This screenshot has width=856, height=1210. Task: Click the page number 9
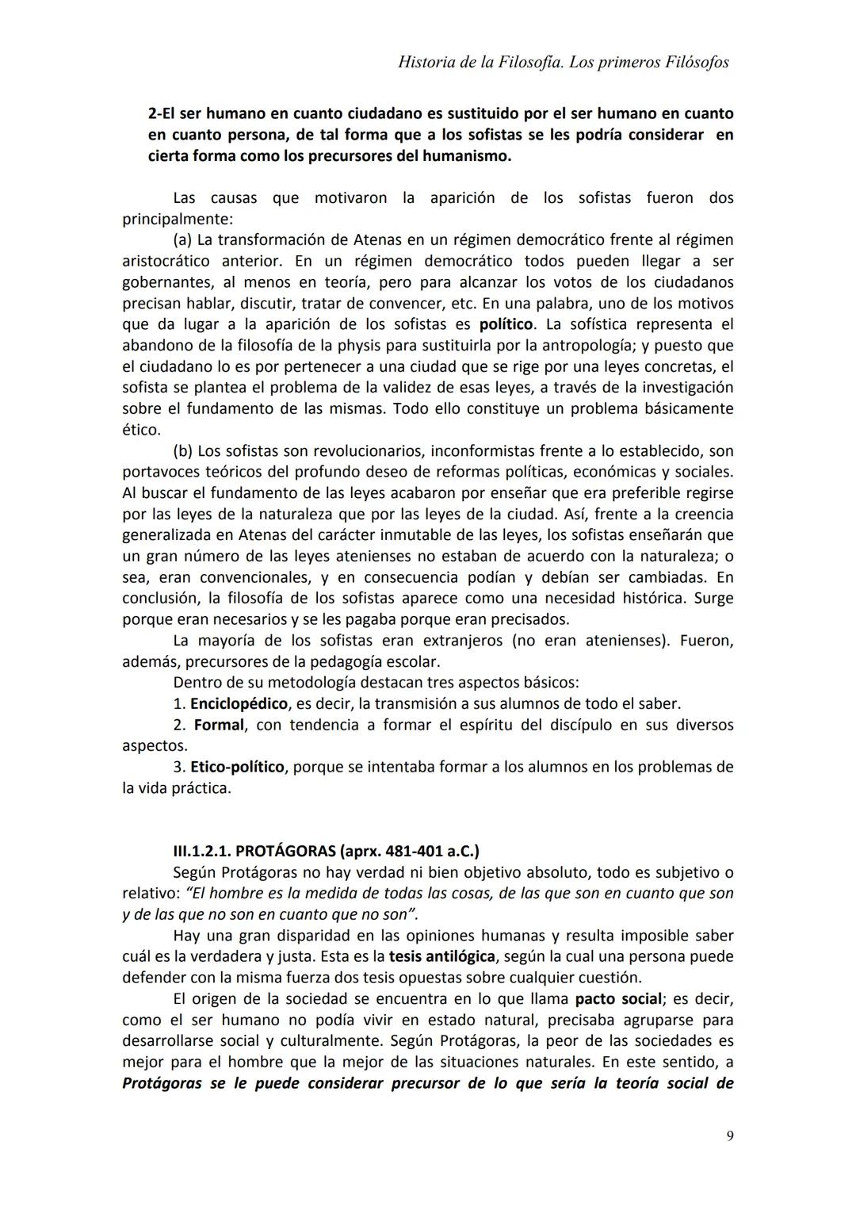coord(729,1136)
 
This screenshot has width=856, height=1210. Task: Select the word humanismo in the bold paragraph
coord(467,155)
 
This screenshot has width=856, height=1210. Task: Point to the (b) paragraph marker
coord(182,450)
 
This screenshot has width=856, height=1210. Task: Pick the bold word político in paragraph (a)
coord(507,324)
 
